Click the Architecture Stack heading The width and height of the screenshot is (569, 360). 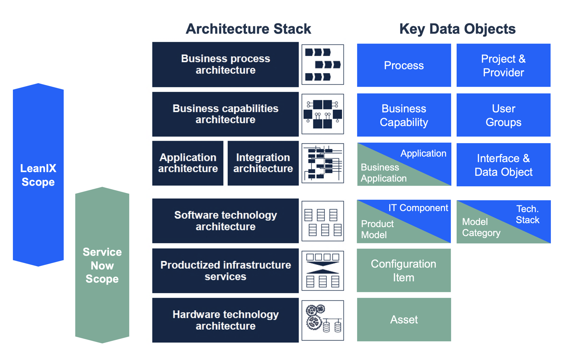click(x=248, y=29)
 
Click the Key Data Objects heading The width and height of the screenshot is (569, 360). click(x=457, y=29)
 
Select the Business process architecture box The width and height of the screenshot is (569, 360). click(x=225, y=64)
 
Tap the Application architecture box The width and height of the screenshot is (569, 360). click(x=188, y=163)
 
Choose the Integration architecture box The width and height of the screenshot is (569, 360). click(x=263, y=163)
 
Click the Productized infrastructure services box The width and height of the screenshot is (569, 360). click(x=225, y=271)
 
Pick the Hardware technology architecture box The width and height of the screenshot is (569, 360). click(x=225, y=320)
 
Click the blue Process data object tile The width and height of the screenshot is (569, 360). click(x=404, y=65)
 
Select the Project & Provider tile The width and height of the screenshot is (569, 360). click(x=503, y=65)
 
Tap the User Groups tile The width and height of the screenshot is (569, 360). click(x=503, y=115)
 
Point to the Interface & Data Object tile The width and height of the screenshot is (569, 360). click(x=503, y=165)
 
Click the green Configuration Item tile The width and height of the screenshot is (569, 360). click(x=404, y=271)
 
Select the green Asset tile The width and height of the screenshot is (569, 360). click(x=404, y=320)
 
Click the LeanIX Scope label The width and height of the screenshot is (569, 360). click(x=38, y=175)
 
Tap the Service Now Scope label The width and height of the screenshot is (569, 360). click(x=102, y=265)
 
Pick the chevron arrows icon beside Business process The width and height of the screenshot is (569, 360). click(x=322, y=64)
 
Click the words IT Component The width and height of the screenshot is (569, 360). click(x=418, y=208)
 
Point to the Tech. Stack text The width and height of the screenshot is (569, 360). click(x=527, y=214)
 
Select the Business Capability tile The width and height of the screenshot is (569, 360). click(x=404, y=115)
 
